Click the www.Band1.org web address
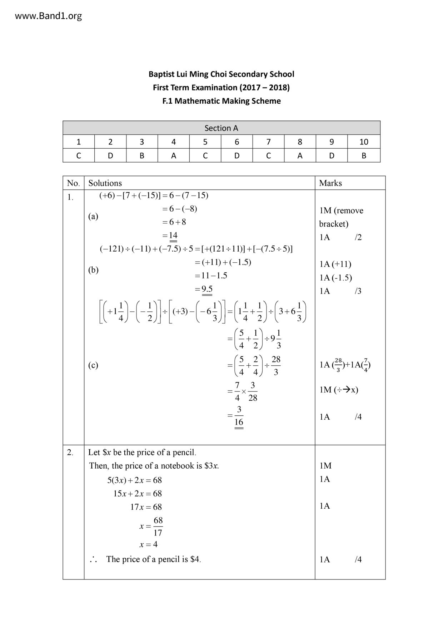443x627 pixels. click(x=48, y=16)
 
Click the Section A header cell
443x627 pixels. click(x=221, y=128)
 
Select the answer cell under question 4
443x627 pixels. click(x=174, y=155)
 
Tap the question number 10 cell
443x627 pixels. click(x=364, y=142)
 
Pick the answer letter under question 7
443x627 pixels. click(x=268, y=155)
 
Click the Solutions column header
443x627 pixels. click(x=105, y=183)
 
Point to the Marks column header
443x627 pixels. click(x=330, y=183)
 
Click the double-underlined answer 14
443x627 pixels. click(x=173, y=236)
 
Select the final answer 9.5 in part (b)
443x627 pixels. click(x=207, y=289)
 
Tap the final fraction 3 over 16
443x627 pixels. click(x=239, y=416)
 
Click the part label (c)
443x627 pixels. click(x=93, y=365)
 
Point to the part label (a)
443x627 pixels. click(x=93, y=216)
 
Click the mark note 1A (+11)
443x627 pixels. click(x=335, y=264)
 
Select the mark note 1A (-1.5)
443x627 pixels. click(x=335, y=278)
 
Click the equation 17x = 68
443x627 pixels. click(x=146, y=507)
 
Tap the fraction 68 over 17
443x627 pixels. click(x=158, y=526)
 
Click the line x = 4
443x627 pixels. click(x=148, y=544)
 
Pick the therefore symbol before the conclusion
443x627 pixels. click(x=94, y=560)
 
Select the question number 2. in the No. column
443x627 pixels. click(x=70, y=452)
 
